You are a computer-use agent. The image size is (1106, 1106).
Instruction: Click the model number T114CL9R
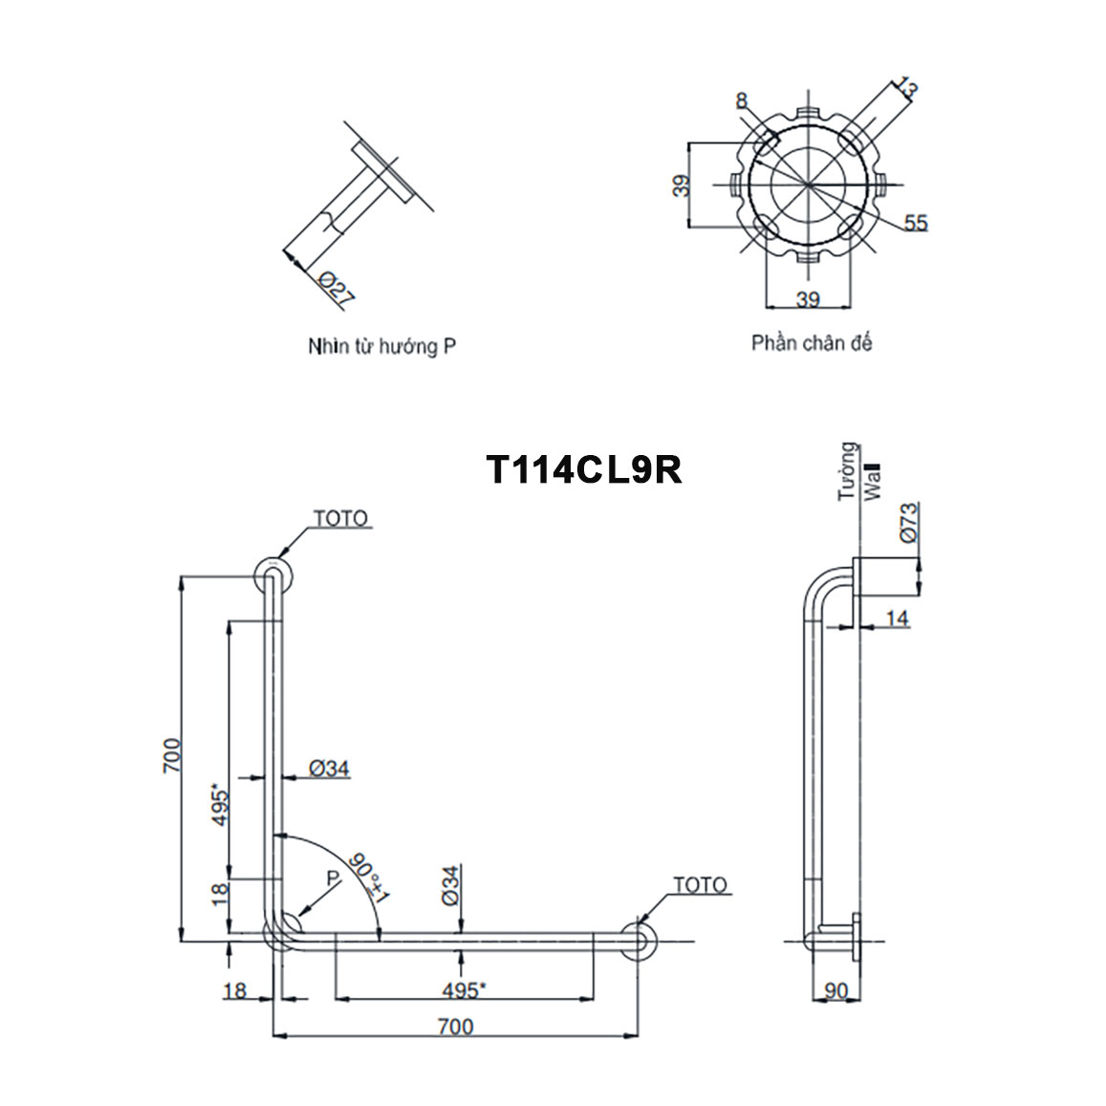584,469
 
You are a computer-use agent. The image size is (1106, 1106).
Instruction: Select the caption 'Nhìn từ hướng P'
381,346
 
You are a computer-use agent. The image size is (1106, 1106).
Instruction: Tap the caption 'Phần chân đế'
811,342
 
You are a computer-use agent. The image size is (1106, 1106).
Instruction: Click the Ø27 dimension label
336,288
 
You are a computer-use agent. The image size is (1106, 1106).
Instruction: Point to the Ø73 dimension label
908,522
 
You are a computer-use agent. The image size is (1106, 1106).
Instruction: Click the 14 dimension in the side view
897,619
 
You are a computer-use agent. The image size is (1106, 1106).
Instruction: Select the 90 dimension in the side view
835,991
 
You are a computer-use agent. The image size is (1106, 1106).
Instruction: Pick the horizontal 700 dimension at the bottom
455,1027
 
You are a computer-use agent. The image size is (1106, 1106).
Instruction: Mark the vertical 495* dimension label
220,809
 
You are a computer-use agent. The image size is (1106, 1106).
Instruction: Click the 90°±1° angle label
370,877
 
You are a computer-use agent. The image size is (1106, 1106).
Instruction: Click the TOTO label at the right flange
700,885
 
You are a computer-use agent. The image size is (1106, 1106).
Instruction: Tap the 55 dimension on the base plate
915,223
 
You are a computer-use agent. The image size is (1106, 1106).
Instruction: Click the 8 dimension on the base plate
742,100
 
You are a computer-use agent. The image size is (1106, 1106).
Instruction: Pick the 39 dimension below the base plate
808,299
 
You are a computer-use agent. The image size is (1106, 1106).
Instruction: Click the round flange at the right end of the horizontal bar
638,940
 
